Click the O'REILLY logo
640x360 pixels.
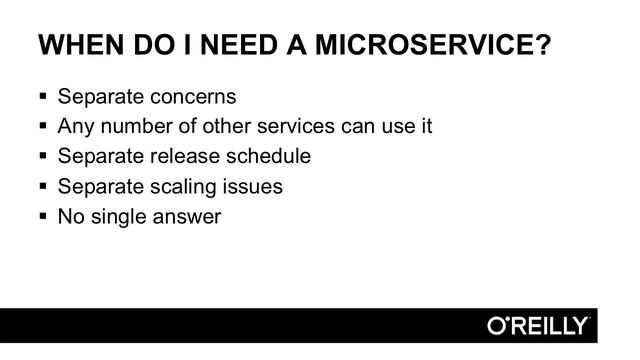tap(538, 326)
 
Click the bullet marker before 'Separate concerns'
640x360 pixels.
tap(42, 98)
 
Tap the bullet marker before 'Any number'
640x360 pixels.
tap(42, 127)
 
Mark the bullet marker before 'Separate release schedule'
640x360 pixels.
tap(42, 157)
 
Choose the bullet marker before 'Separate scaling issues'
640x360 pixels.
tap(42, 187)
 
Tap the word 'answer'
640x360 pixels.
tap(188, 216)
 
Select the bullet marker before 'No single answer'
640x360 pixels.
tap(42, 216)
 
